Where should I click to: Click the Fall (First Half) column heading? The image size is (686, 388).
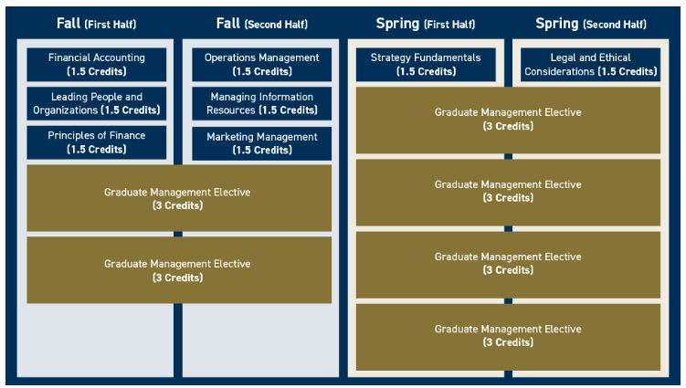coord(96,23)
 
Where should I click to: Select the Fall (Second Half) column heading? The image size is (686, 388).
coord(261,23)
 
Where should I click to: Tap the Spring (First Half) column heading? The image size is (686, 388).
coord(426,23)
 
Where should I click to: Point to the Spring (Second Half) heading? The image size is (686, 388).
coord(591,23)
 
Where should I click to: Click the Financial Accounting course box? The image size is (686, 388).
coord(96,64)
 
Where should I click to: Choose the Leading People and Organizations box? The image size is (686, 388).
coord(96,103)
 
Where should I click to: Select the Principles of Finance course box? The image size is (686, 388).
coord(96,142)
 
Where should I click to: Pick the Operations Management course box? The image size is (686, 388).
coord(261,64)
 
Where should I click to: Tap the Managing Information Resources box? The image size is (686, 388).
coord(261,103)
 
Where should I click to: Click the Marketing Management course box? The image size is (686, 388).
coord(261,143)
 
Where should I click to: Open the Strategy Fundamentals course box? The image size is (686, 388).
coord(426,64)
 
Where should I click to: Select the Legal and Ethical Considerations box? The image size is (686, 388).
coord(591,64)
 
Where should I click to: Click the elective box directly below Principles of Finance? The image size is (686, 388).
coord(179,198)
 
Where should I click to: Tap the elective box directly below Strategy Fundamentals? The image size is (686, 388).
coord(508,120)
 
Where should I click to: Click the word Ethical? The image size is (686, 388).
coord(615,58)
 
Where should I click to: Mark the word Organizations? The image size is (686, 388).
coord(65,110)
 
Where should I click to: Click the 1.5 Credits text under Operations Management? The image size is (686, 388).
coord(262,71)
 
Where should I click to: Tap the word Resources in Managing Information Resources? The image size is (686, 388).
coord(230,110)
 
